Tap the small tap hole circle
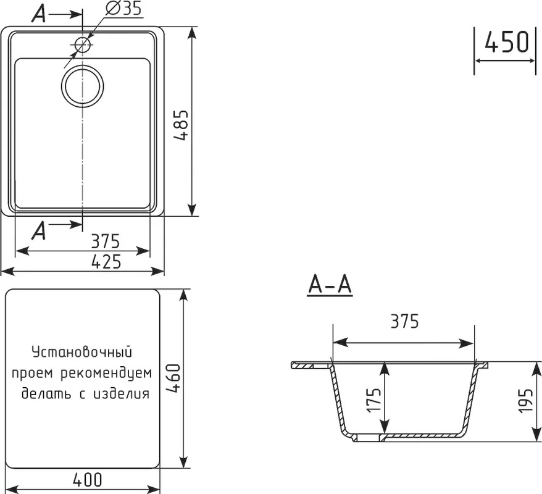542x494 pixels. pyautogui.click(x=82, y=44)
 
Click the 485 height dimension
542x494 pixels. pyautogui.click(x=181, y=125)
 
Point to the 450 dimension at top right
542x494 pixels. pyautogui.click(x=507, y=42)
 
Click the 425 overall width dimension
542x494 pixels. pyautogui.click(x=106, y=261)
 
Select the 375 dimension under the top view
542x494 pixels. pyautogui.click(x=106, y=241)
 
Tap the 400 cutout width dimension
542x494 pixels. pyautogui.click(x=88, y=479)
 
